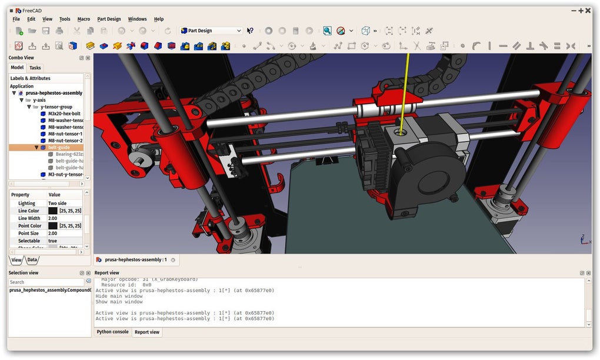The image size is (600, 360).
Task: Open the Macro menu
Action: tap(84, 19)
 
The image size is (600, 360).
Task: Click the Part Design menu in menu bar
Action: tap(109, 19)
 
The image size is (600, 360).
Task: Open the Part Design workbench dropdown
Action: tap(211, 31)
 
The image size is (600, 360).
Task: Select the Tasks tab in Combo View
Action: tap(35, 68)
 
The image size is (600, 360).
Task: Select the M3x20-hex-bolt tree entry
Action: tap(64, 114)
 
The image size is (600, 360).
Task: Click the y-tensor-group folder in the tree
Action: tap(56, 106)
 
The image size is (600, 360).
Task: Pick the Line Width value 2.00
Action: tap(53, 218)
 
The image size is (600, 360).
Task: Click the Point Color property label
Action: tap(29, 226)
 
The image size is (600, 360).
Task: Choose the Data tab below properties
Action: tap(32, 259)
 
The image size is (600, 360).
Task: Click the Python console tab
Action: tap(112, 332)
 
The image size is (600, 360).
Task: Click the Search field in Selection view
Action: tap(46, 282)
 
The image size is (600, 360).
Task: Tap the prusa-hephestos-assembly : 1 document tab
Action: tap(136, 259)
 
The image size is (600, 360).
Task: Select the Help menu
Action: tap(159, 19)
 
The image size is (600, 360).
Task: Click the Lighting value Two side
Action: tap(58, 204)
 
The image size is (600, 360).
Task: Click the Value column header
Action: tap(54, 195)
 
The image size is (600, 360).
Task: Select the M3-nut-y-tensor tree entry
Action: tap(66, 174)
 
